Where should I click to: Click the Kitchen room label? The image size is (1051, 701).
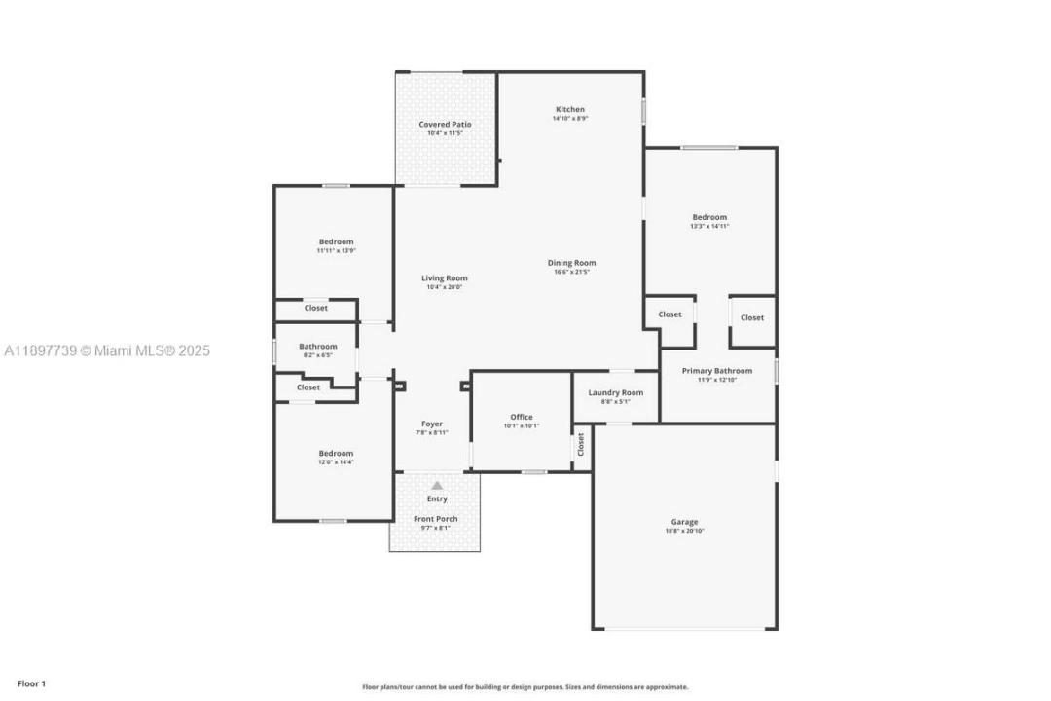(x=570, y=109)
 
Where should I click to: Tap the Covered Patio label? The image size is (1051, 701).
(x=445, y=125)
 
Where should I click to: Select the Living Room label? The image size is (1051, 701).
(x=444, y=278)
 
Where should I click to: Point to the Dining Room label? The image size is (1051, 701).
(x=571, y=263)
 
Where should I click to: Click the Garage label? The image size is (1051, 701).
(x=684, y=522)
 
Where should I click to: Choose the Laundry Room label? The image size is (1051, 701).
(x=615, y=392)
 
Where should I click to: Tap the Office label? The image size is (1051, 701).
(x=522, y=417)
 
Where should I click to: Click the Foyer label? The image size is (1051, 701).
(x=431, y=424)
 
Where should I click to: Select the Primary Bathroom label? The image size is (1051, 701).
(x=716, y=370)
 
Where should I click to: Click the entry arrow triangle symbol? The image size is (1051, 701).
(x=437, y=485)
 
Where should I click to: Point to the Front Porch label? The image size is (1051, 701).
(x=435, y=519)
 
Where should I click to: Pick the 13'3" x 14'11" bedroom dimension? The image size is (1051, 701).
(x=709, y=226)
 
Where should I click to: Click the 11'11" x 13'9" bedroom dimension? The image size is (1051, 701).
(x=336, y=250)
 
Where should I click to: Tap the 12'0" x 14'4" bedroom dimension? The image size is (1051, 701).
(x=336, y=461)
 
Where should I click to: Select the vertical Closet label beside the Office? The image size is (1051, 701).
(x=581, y=445)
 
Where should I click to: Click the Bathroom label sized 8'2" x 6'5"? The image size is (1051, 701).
(x=317, y=346)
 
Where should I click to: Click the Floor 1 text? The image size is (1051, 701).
(x=31, y=683)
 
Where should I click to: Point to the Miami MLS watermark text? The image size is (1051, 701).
(x=106, y=350)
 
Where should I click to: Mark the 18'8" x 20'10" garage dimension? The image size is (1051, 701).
(x=684, y=531)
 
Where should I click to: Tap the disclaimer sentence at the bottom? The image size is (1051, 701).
(x=525, y=686)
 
